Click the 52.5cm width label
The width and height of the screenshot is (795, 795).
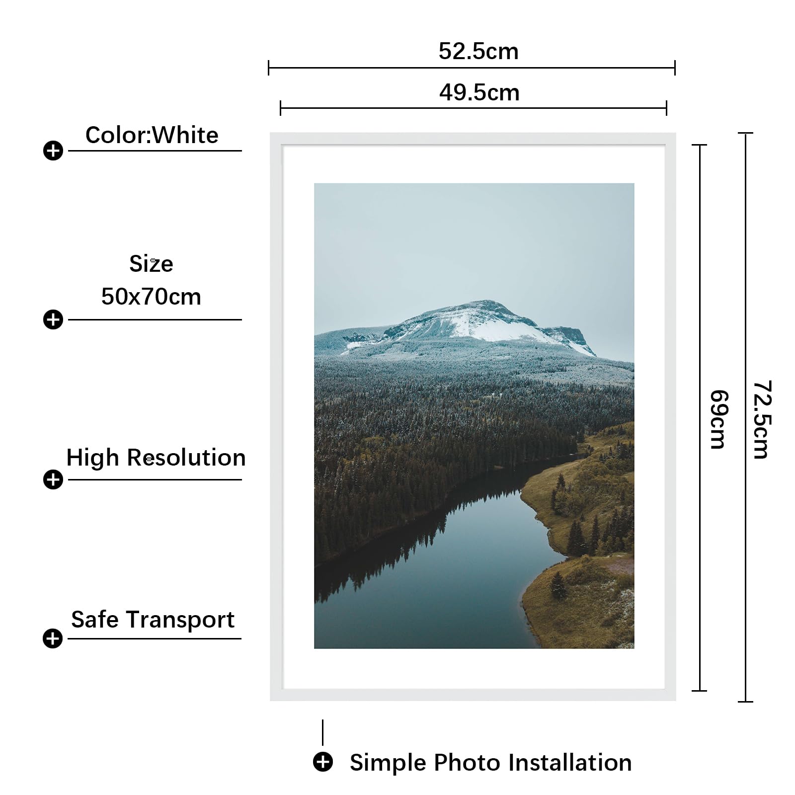coord(478,51)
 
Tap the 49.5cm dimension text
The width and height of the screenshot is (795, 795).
coord(479,92)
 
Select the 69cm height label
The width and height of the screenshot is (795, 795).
coord(719,419)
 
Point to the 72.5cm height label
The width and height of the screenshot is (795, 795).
coord(762,419)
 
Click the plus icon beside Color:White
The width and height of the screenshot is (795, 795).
coord(53,151)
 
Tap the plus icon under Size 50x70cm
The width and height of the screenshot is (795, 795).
coord(53,319)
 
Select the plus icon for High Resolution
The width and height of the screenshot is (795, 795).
coord(53,479)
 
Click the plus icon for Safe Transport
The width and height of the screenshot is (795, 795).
coord(53,638)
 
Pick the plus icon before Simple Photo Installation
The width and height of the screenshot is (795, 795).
coord(323,762)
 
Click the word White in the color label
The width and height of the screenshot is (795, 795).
coord(185,135)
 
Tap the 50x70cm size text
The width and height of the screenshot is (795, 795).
coord(151,297)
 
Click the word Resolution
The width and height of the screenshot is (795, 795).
coord(186,458)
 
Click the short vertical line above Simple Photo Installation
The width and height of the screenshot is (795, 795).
coord(322,732)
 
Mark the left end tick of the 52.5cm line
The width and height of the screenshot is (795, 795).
coord(268,68)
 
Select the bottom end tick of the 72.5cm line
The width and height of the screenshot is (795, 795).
coord(745,702)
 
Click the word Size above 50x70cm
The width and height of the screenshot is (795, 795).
coord(151,264)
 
